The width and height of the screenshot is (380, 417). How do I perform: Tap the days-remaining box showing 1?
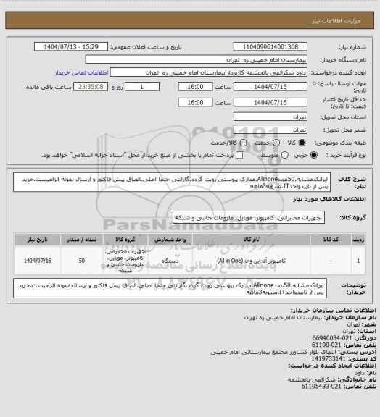(x=149, y=87)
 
